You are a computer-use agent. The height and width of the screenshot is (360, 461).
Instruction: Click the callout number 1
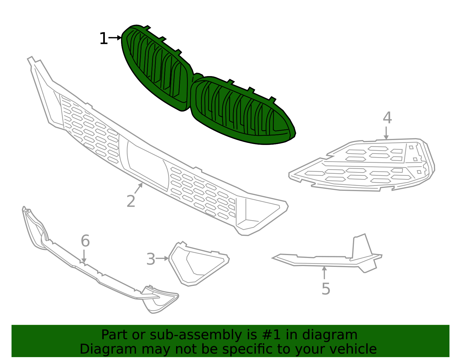(x=104, y=38)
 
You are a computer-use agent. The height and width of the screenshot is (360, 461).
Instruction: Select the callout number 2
(x=131, y=201)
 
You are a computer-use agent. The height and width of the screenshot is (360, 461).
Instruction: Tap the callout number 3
(x=151, y=259)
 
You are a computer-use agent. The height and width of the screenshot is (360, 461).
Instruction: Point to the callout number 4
(x=387, y=118)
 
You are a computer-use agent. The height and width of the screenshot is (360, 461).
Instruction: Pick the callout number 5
(x=326, y=289)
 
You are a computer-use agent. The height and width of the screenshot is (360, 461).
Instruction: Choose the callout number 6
(x=85, y=241)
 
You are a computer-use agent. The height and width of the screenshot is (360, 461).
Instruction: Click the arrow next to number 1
(x=115, y=38)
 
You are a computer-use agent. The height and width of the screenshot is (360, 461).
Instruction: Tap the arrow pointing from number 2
(x=138, y=188)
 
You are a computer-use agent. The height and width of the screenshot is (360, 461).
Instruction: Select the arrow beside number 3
(x=162, y=258)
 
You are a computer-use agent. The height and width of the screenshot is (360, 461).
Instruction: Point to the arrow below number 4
(x=386, y=133)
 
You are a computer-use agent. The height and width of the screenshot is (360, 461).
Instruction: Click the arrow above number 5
(x=324, y=273)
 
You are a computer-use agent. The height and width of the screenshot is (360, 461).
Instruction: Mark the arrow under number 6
(x=84, y=256)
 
